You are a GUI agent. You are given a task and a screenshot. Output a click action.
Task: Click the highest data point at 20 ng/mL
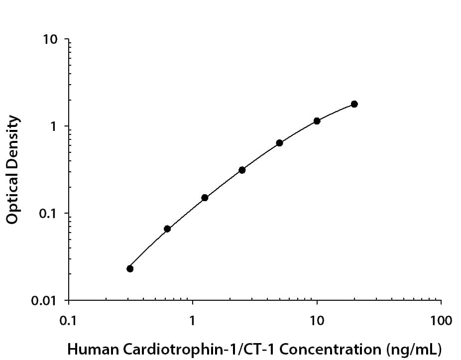coord(354,104)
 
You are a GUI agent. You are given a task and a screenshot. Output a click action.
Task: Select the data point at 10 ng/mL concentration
coord(317,121)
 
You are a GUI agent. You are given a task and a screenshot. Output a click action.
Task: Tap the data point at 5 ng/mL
coord(279,143)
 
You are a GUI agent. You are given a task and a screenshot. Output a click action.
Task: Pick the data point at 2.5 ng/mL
coord(242,170)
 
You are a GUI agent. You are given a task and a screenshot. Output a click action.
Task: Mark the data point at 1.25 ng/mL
coord(205,198)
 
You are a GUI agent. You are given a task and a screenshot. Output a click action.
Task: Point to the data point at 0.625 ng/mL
coord(167,229)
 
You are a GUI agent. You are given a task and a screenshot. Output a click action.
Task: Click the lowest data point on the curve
coord(130,269)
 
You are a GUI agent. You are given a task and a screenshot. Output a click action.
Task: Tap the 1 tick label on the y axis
coord(54,127)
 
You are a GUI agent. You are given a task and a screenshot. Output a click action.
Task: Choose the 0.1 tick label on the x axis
coord(68,320)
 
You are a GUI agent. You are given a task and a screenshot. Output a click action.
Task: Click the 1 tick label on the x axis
coord(193,320)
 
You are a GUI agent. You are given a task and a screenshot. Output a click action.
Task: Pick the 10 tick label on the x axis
coord(317,320)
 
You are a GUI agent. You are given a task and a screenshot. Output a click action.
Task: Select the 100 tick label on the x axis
coord(440,320)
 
